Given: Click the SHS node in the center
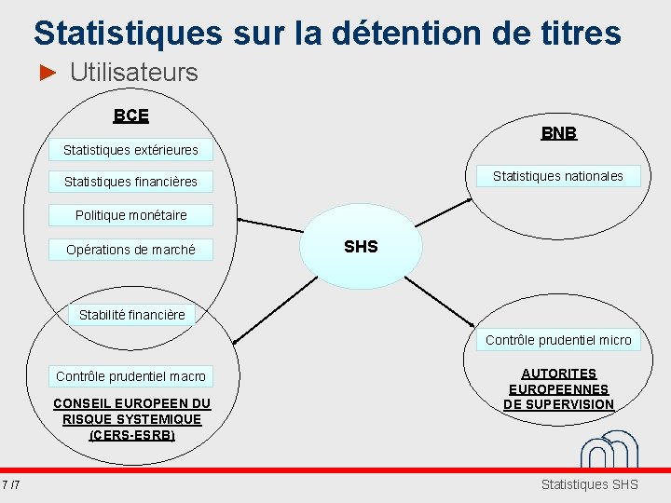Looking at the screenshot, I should coord(361,247).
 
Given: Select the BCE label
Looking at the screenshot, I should coord(130,116).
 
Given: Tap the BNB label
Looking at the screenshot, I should coord(558,133).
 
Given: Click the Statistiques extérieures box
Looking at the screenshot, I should coord(130,150).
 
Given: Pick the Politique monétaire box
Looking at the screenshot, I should coord(130,215).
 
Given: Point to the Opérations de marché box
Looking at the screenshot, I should coord(130,250).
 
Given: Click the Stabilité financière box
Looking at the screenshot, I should coord(131,315).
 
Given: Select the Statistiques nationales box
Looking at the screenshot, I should coord(557,176).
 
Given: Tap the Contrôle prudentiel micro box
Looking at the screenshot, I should coord(557,340).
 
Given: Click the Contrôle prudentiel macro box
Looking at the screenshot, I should coord(130,376).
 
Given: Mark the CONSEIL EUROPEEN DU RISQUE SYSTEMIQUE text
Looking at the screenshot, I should coord(131,418).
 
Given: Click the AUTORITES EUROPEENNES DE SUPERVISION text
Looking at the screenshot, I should coord(558,389).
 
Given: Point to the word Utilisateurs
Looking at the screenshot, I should coord(133,73).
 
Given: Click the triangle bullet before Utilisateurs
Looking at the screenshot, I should coord(49,73).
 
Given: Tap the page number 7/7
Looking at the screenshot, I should coord(12,484).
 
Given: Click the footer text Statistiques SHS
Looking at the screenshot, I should coord(589,484).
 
